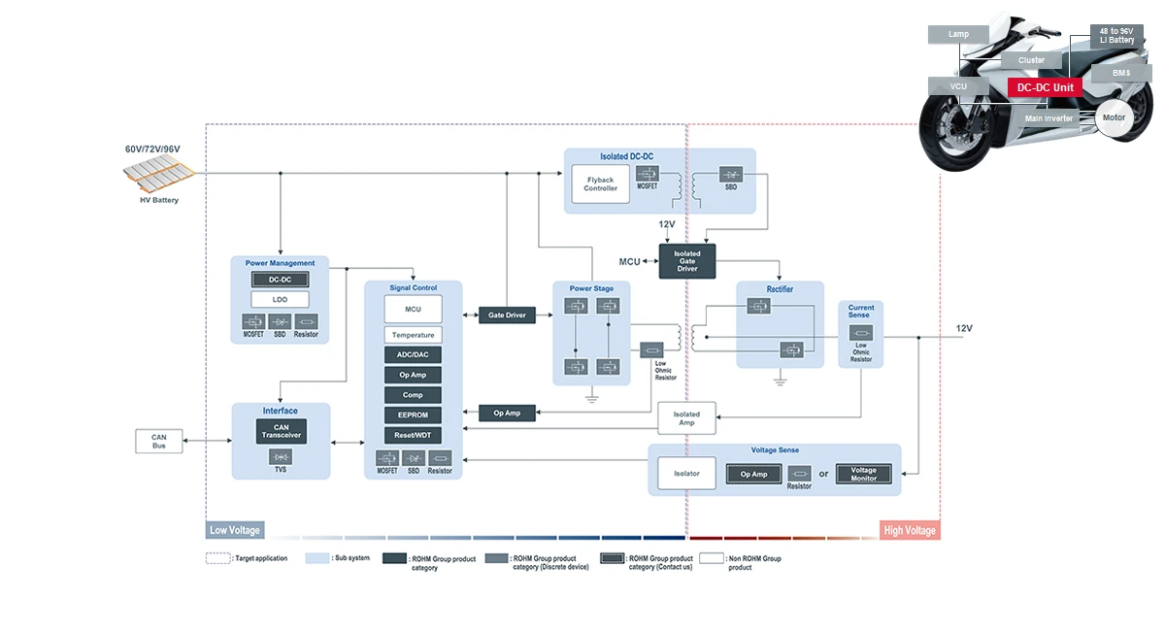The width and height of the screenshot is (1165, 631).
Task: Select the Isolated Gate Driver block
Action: coord(687,261)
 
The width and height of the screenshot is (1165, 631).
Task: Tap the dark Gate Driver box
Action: coord(507,315)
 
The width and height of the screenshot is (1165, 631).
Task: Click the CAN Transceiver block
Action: coord(282,431)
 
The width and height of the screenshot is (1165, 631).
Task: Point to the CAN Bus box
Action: coord(159,441)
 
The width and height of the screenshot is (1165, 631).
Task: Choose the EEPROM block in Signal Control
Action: coord(413,415)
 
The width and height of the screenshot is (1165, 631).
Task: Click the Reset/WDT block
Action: coord(413,436)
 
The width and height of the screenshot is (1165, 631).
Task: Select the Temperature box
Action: coord(413,335)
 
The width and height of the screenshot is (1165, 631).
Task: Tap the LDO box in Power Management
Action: coord(281,300)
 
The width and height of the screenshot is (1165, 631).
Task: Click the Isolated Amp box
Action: coord(686,418)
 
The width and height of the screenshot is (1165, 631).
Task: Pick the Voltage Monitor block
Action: coord(863,474)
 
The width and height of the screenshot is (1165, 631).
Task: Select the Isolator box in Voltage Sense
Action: coord(686,474)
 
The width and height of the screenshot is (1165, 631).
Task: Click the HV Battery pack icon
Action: coord(156,176)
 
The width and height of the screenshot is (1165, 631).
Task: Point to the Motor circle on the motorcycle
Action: coord(1114,117)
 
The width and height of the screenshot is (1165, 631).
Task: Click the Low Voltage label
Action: coord(235,530)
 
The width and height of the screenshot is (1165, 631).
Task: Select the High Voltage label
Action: coord(910,530)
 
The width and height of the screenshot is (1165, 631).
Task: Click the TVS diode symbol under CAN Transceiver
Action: coord(282,456)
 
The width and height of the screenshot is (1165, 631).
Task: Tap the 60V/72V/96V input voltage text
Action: coord(152,149)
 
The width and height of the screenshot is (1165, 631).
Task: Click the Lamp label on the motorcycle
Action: coord(958,34)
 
